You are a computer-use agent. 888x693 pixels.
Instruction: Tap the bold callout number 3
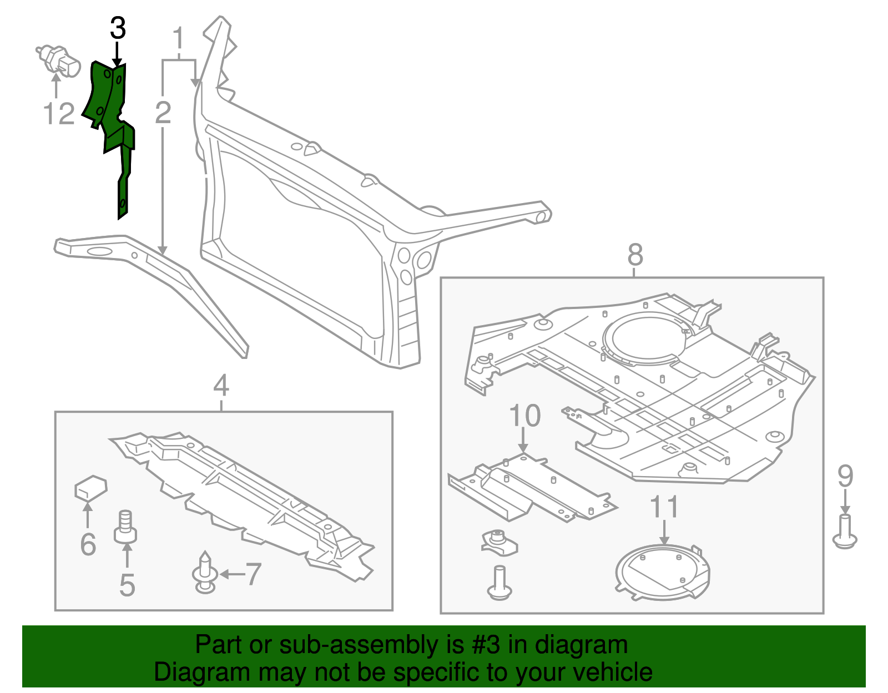tap(118, 28)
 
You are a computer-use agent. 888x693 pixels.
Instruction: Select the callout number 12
tap(59, 114)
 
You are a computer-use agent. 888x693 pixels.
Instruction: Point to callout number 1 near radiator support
tap(178, 39)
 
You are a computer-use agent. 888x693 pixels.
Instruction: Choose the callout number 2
tap(163, 113)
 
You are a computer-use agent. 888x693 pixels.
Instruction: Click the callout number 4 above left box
tap(221, 385)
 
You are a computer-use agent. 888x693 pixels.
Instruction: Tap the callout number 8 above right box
tap(635, 255)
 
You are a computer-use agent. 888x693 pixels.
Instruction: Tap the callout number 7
tap(253, 574)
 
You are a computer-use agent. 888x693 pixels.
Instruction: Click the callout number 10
tap(524, 416)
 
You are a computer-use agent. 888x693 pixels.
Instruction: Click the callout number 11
tap(664, 507)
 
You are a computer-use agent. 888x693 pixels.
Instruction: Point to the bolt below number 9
tap(845, 532)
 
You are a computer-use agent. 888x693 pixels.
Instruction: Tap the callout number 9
tap(845, 476)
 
